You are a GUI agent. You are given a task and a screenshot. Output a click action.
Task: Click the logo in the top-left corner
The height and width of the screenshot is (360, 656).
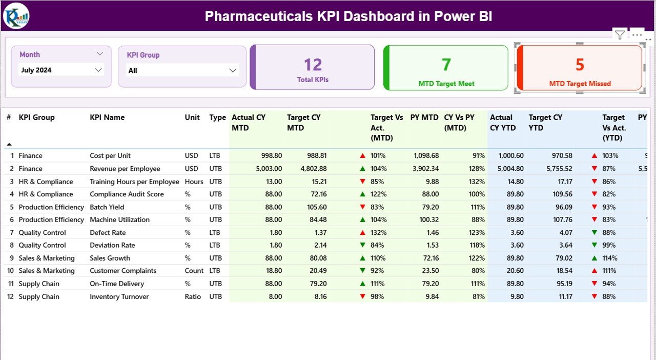16,16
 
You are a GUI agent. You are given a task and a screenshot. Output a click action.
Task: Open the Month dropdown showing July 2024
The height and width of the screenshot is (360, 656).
61,70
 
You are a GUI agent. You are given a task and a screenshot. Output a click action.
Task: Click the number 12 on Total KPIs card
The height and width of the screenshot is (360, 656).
313,65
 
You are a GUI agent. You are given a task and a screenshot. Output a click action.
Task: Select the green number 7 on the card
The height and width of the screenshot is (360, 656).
446,65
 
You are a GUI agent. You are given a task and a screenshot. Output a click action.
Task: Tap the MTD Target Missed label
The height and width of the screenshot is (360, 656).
580,84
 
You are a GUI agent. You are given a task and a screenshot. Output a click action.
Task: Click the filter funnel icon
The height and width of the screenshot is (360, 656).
620,35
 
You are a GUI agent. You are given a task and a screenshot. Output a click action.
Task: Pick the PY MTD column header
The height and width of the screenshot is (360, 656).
424,117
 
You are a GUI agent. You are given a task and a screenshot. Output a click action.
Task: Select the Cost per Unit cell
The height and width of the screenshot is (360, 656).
110,156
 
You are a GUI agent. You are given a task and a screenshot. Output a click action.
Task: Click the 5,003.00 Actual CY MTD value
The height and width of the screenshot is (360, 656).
266,169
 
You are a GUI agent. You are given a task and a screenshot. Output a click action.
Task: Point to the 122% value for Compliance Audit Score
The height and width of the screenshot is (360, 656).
378,194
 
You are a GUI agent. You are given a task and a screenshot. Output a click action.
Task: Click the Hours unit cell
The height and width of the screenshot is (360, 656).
194,182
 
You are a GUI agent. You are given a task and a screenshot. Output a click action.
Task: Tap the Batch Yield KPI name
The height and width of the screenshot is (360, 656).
107,207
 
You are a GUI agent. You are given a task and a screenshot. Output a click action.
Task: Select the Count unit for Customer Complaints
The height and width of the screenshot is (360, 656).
194,271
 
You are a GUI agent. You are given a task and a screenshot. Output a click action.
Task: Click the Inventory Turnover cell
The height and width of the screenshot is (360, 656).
119,297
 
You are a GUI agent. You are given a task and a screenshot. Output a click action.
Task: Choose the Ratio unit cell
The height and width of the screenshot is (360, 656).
193,297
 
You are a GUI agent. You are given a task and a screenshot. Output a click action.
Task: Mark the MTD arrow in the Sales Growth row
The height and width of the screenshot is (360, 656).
362,258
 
